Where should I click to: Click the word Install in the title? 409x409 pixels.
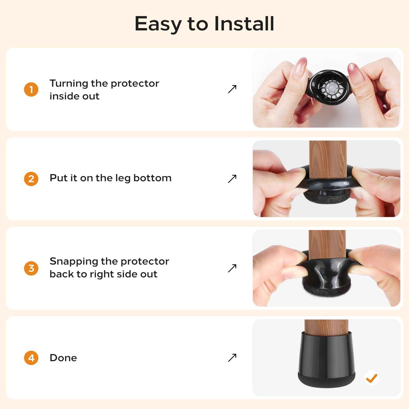click(244, 24)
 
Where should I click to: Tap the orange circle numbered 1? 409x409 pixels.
click(31, 89)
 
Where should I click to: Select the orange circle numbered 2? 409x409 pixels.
click(31, 179)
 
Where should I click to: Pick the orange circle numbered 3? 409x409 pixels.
click(31, 268)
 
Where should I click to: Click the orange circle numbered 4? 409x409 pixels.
click(31, 358)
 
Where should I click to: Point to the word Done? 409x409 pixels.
click(63, 358)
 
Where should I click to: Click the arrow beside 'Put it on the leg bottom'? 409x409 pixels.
click(232, 179)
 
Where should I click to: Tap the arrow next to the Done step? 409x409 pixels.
click(232, 358)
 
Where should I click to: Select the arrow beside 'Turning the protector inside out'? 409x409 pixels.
click(232, 89)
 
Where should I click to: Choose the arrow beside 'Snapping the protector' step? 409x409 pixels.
click(232, 268)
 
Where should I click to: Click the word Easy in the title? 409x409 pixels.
click(158, 24)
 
